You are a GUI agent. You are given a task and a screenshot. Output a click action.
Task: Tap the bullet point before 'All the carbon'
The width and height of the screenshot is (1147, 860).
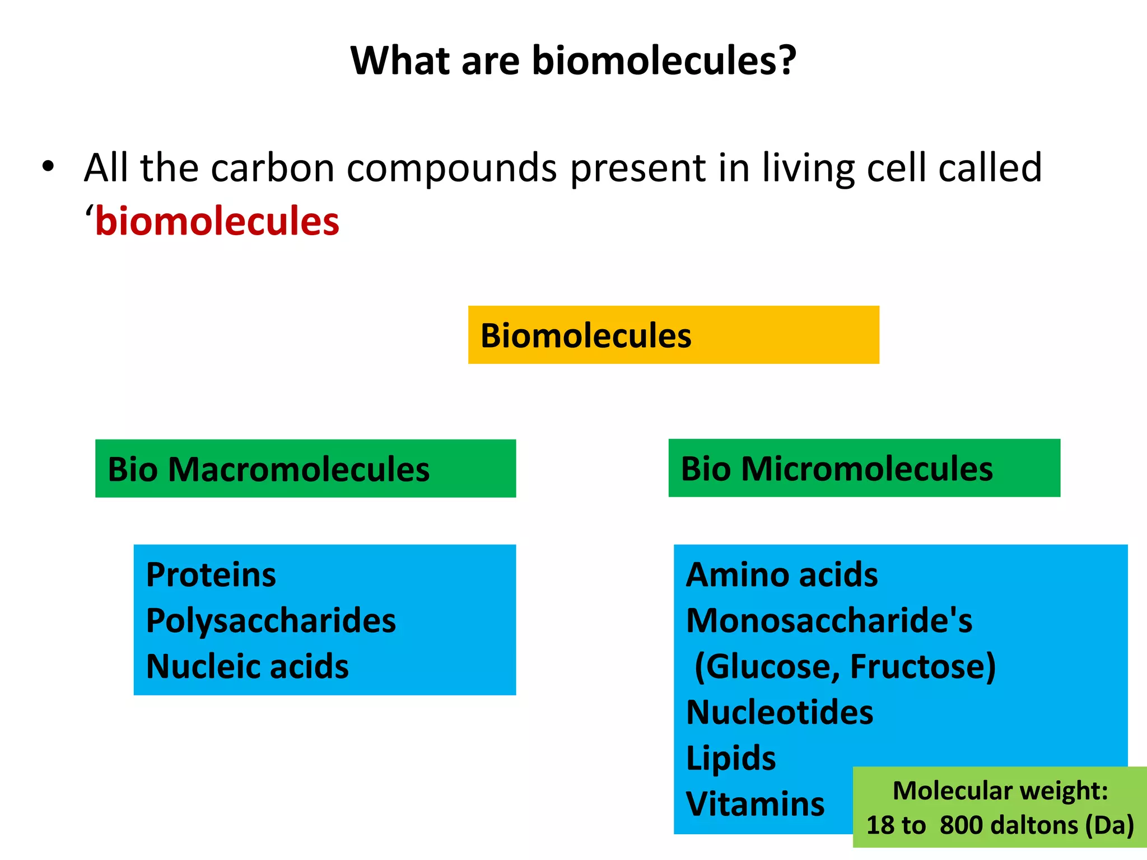pos(48,167)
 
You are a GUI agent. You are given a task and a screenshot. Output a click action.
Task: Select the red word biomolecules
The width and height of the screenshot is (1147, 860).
pos(217,222)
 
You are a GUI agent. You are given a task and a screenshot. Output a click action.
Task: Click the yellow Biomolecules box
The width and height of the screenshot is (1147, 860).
pos(673,335)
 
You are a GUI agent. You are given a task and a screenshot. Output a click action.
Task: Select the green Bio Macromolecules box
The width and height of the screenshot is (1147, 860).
pos(305,469)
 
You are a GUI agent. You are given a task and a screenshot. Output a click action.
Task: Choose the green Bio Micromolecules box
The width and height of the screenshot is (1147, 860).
pos(864,468)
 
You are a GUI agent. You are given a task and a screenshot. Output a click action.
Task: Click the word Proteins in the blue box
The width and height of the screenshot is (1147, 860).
pos(211,575)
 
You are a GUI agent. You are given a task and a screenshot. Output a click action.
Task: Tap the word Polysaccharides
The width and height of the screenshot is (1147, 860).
pos(271,621)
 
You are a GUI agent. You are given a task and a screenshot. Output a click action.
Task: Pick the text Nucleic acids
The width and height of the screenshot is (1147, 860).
pos(247,666)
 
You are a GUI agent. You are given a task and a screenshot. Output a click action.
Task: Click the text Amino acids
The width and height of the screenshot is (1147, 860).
pos(782,575)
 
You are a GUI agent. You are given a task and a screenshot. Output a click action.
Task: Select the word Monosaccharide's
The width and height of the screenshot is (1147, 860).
pos(829,621)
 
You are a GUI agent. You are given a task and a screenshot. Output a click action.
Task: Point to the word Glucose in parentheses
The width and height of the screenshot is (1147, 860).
pos(770,667)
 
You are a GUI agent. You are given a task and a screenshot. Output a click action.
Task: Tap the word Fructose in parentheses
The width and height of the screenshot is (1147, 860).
pos(918,667)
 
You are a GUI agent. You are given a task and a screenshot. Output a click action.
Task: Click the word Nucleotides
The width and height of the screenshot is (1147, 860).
pos(780,713)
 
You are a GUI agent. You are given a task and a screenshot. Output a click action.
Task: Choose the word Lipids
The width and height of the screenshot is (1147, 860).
pos(731,759)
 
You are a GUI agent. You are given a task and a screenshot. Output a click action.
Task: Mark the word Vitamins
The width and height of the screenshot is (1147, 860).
pos(755,805)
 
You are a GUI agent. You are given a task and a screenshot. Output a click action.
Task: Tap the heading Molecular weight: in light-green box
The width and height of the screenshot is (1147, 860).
pos(1000,791)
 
